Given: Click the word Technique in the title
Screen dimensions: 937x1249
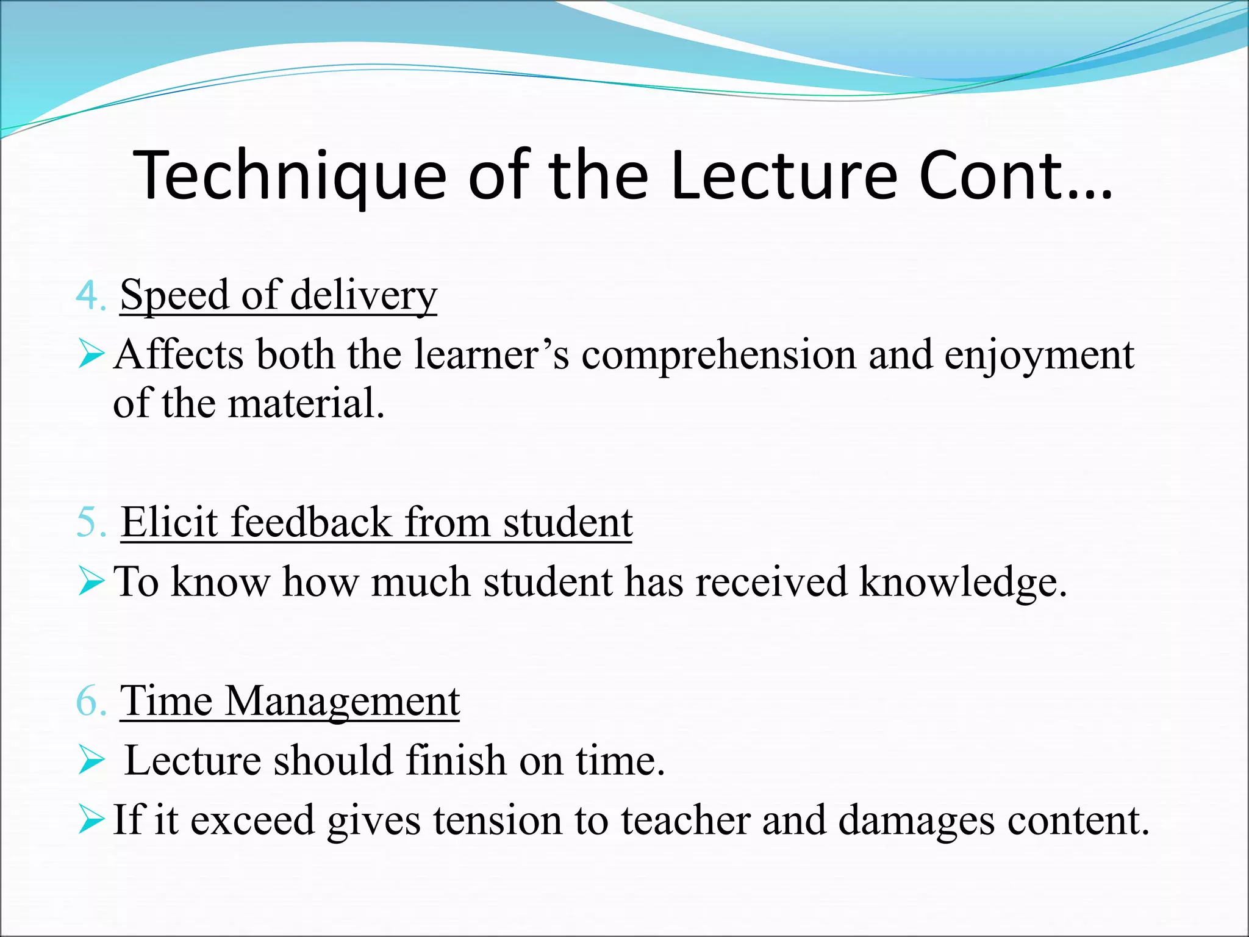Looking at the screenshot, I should (x=290, y=177).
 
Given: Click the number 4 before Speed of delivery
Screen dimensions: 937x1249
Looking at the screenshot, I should (x=87, y=297).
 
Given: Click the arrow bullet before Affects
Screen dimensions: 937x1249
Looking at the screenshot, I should (x=91, y=355).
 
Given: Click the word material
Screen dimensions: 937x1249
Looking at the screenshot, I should (x=305, y=403).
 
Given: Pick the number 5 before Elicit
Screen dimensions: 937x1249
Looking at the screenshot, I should (x=87, y=523).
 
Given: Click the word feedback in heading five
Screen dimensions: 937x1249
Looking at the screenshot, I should (x=311, y=523).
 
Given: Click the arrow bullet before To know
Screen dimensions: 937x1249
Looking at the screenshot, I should (x=91, y=582).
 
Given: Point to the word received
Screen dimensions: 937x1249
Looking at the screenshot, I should (x=771, y=582).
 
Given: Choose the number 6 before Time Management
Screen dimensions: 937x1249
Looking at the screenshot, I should (x=87, y=701).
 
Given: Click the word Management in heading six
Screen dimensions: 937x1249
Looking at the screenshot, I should (x=342, y=702).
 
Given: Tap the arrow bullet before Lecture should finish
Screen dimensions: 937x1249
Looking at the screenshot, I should (x=91, y=761).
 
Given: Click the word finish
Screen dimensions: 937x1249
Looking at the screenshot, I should (x=456, y=761).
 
